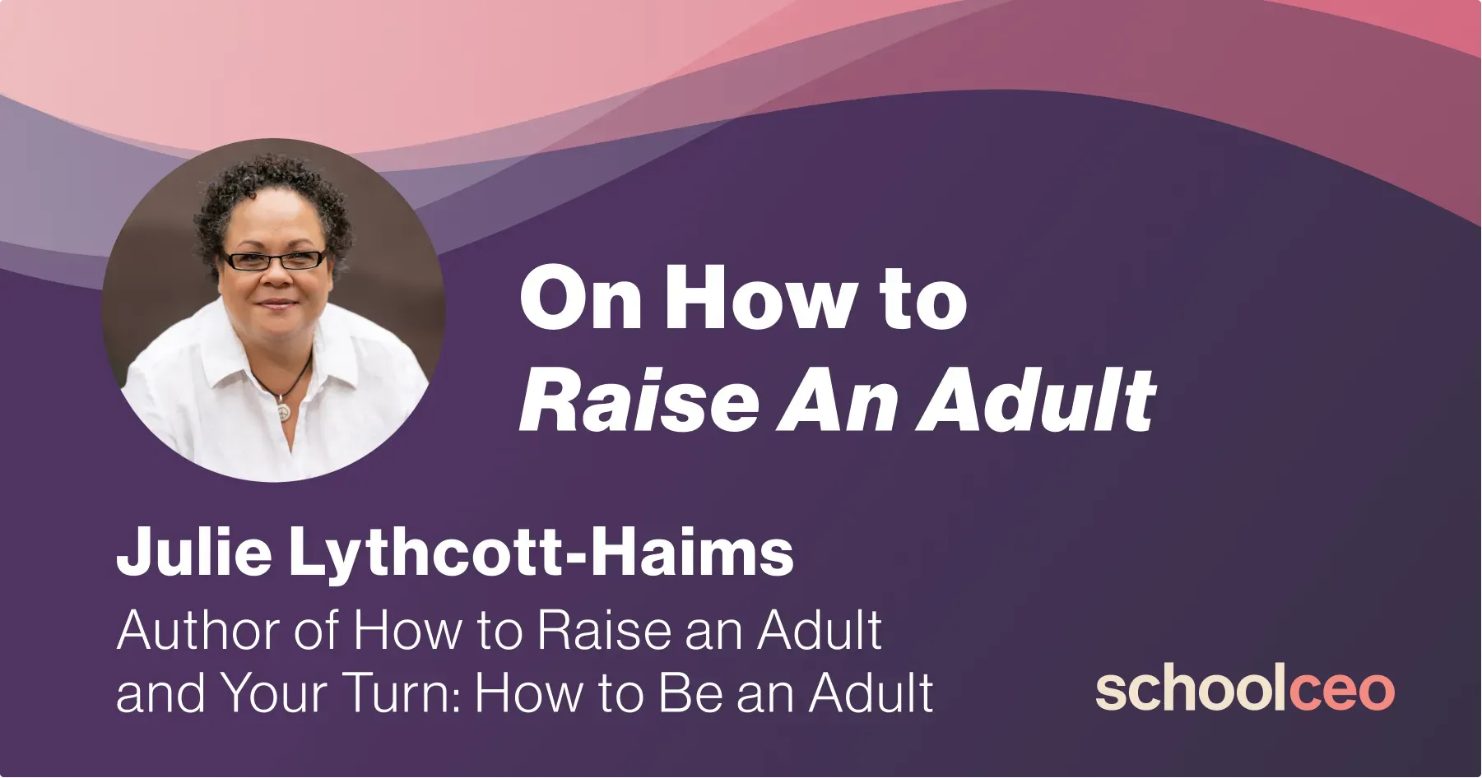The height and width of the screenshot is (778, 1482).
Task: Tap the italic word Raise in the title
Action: (x=639, y=401)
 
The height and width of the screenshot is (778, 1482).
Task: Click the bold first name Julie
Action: (x=194, y=553)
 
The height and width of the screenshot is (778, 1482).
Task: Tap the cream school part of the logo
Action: (x=1191, y=689)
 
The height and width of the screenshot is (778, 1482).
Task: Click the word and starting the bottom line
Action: (x=160, y=693)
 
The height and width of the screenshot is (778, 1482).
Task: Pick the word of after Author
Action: (x=316, y=632)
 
